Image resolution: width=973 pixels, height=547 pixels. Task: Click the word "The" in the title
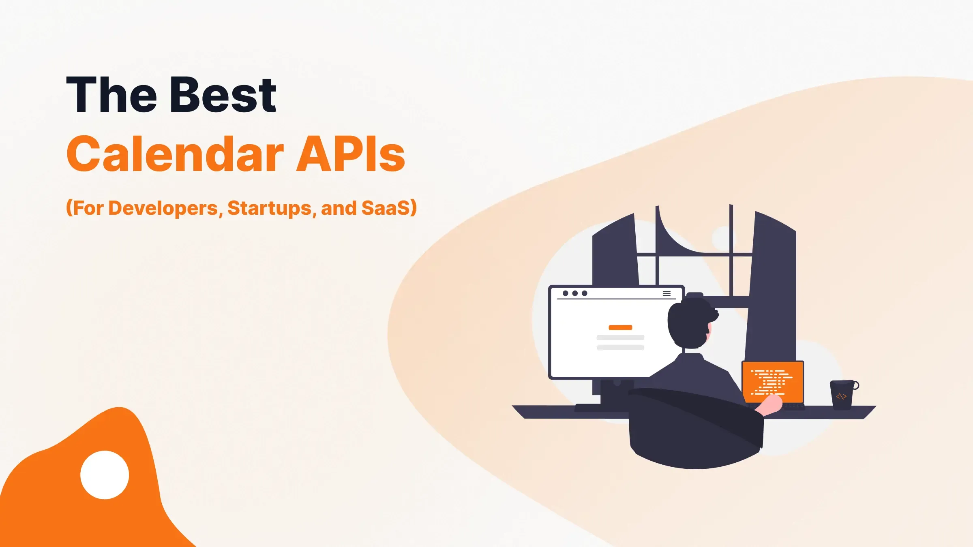111,95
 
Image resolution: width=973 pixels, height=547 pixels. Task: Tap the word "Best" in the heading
223,95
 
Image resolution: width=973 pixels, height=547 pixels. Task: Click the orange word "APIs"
350,154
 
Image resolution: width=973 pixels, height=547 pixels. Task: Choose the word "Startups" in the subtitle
270,208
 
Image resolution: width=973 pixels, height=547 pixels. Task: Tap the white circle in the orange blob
105,475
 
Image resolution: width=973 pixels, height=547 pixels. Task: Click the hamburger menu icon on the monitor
667,294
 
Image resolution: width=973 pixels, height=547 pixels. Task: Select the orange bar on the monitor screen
620,327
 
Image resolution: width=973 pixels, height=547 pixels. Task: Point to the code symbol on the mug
841,396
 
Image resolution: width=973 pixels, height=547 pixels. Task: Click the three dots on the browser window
575,293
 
